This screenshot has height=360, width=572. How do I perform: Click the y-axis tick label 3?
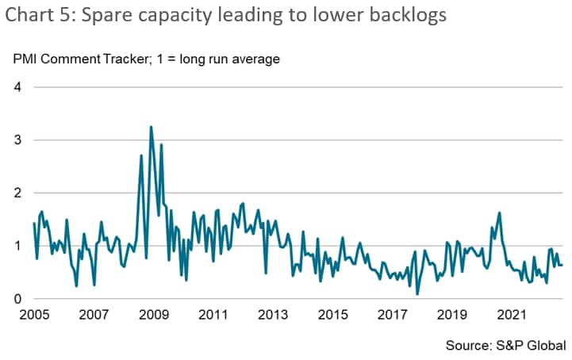(x=17, y=140)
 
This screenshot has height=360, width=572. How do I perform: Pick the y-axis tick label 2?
(x=17, y=193)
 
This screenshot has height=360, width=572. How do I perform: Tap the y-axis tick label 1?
(x=17, y=246)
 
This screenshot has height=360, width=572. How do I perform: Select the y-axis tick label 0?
(x=17, y=299)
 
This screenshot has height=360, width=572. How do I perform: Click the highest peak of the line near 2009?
(x=151, y=127)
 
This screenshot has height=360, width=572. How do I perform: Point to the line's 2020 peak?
(x=499, y=213)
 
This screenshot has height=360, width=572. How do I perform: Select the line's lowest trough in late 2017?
(x=417, y=294)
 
